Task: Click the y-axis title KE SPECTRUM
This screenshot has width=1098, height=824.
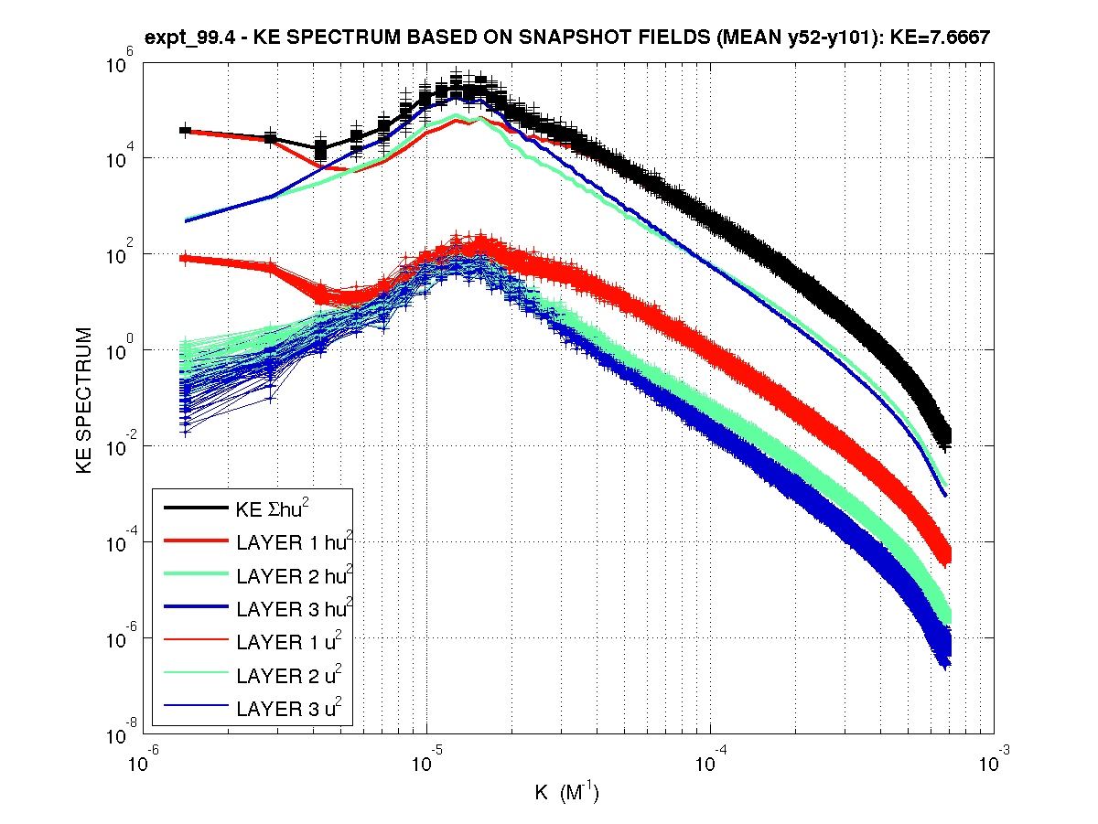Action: (x=84, y=400)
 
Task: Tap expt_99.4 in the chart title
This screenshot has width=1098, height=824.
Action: (x=187, y=37)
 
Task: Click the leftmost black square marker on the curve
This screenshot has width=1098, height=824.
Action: (x=185, y=131)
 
